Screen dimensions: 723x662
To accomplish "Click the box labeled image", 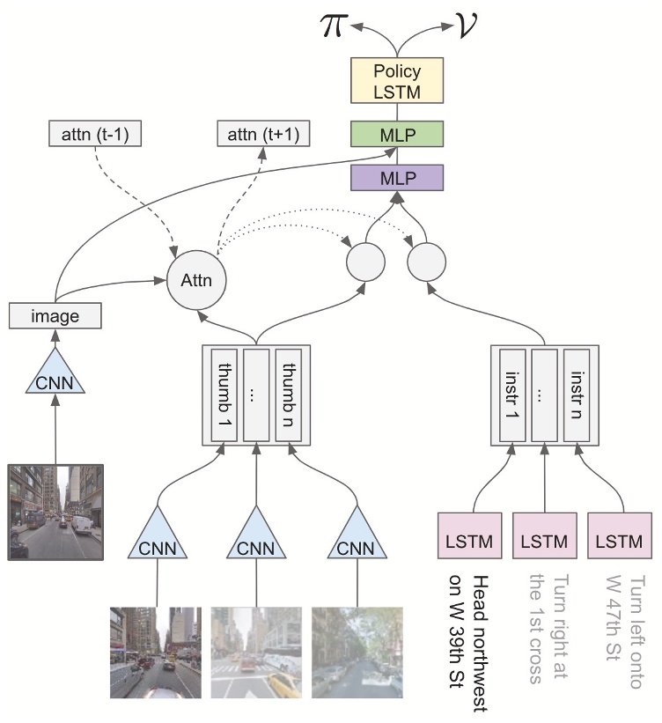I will pyautogui.click(x=55, y=314).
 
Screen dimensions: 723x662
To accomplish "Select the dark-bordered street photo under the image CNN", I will pyautogui.click(x=55, y=512).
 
